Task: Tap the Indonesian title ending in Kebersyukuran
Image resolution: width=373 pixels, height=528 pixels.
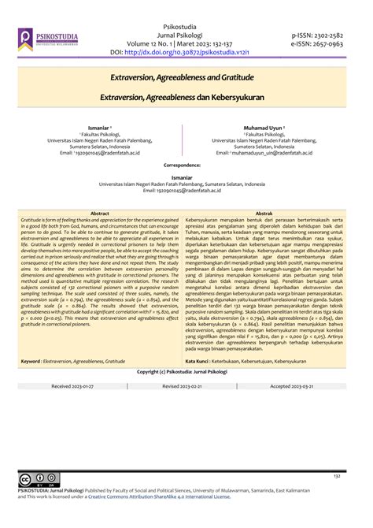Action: [186, 99]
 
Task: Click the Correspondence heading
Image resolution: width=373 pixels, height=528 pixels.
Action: [186, 165]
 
